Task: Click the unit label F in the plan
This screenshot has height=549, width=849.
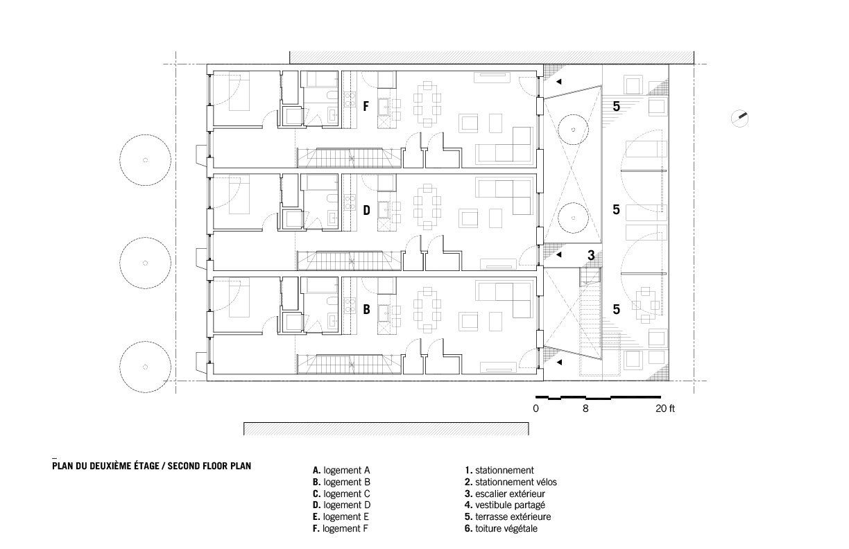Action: pos(366,106)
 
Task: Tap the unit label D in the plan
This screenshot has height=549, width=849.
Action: pos(366,209)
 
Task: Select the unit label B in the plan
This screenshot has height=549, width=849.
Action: pos(366,310)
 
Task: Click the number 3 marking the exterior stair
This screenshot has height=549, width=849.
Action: pos(591,255)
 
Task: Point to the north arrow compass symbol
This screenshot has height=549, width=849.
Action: pos(741,118)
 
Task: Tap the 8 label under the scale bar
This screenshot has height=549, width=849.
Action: pos(585,409)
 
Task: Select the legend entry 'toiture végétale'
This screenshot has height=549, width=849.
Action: pos(506,528)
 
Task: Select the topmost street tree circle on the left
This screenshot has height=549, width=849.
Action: pos(145,160)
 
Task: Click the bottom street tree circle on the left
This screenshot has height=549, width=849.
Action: pos(145,366)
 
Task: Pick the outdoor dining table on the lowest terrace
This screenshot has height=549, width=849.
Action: pos(646,302)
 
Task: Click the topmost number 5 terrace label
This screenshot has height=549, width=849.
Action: pos(616,106)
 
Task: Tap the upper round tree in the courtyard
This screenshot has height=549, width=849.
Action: pos(574,129)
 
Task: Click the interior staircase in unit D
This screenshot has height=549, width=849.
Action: pos(350,260)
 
